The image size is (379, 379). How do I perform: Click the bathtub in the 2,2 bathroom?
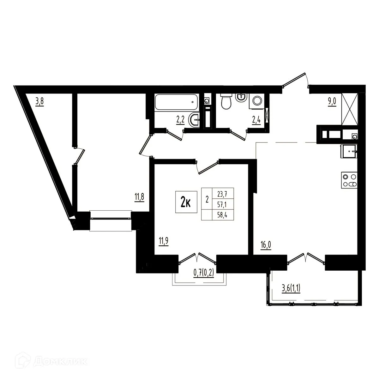[176, 102]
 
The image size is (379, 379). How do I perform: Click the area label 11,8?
[139, 197]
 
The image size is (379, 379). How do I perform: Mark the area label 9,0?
[332, 103]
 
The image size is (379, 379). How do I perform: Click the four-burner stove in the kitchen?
[349, 181]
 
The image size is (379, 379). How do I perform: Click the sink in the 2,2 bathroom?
[194, 120]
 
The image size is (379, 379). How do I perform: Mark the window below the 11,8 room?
[110, 220]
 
